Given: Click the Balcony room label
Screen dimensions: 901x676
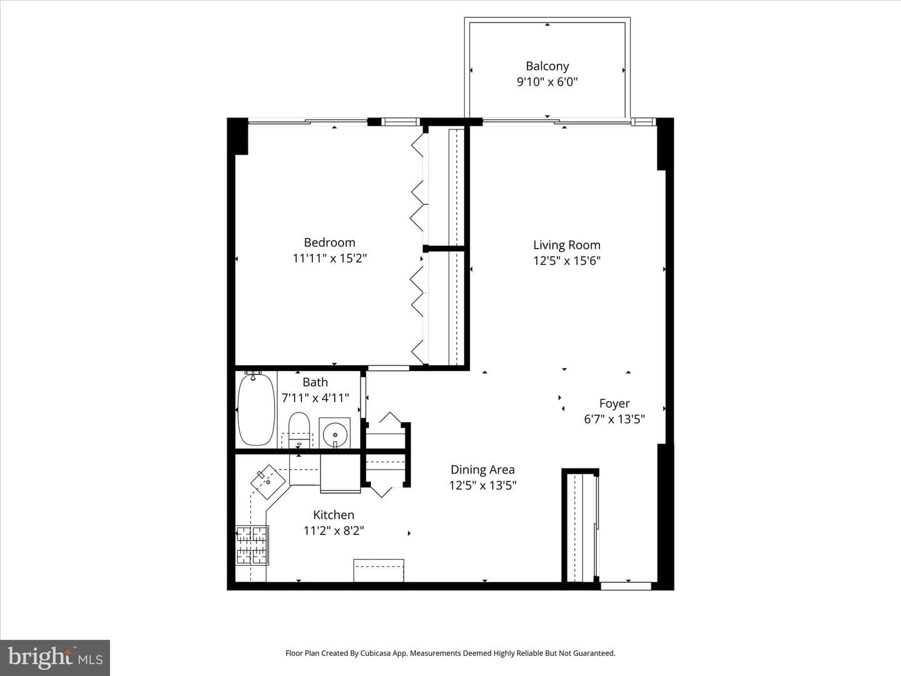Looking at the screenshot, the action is tap(547, 66).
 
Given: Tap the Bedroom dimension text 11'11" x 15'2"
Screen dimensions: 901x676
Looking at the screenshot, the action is tap(330, 258).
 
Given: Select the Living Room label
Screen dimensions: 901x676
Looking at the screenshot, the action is tap(567, 245).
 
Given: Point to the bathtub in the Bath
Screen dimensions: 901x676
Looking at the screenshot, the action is tap(256, 409).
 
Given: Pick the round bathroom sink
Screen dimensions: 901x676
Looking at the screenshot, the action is tap(335, 433).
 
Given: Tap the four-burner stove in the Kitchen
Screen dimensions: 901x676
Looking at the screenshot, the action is tap(252, 545).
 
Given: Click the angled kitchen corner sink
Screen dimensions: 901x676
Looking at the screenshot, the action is tap(268, 482).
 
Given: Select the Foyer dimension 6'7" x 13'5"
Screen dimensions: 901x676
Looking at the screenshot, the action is tap(614, 419).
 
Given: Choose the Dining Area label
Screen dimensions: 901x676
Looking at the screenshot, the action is tap(482, 469).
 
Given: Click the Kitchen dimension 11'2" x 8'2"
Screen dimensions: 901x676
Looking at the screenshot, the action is tap(333, 531).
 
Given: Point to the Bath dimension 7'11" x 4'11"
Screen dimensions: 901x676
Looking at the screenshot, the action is tap(315, 397).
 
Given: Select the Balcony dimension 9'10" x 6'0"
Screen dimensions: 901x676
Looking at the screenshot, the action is tap(547, 81).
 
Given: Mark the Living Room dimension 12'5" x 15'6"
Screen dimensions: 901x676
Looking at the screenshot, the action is tap(567, 260).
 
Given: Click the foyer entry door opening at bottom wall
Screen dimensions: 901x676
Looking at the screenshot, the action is tap(626, 586).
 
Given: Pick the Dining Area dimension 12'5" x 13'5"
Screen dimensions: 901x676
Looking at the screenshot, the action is tap(482, 485).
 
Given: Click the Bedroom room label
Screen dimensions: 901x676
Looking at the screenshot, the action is tap(330, 243).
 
